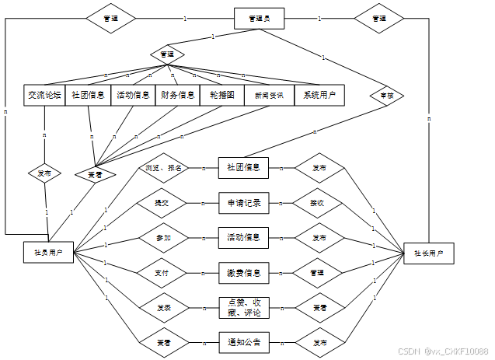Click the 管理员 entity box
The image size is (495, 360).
(260, 18)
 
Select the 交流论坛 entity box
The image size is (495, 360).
(44, 95)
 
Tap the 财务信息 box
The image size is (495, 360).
(177, 95)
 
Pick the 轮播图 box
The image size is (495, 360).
(221, 95)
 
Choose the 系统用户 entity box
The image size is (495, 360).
(319, 95)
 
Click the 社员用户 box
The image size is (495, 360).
(49, 253)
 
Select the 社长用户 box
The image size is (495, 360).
(429, 253)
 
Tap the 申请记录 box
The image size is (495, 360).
(243, 203)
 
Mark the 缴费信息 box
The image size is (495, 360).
(243, 272)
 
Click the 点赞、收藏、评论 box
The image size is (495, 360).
(243, 307)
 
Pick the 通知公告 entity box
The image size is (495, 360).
(243, 342)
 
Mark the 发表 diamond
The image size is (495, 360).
(162, 307)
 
